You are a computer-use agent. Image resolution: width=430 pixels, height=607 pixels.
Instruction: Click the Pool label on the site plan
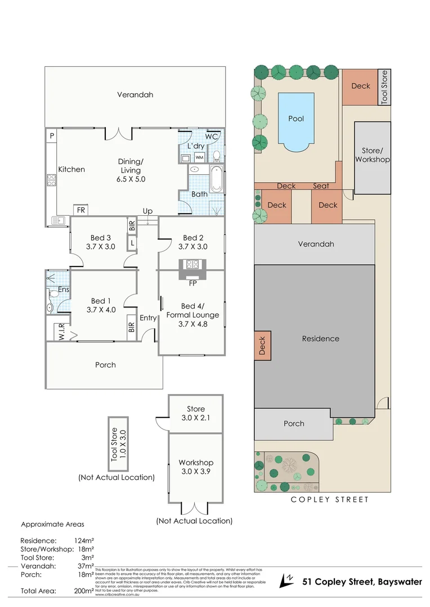(296, 119)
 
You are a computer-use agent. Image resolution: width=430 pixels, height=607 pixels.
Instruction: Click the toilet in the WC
(216, 155)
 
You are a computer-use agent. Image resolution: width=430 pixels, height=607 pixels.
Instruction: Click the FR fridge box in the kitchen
(81, 210)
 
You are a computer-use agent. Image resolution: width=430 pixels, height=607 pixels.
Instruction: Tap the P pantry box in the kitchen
(51, 136)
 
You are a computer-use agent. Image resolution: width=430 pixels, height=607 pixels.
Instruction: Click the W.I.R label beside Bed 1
(59, 331)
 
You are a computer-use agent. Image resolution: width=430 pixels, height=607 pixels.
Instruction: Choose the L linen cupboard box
(132, 243)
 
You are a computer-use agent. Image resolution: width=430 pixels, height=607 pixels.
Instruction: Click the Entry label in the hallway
(148, 318)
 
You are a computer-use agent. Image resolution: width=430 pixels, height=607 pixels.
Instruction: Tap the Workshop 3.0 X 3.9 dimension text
(196, 472)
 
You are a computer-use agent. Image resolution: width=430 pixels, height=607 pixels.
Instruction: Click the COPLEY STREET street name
(329, 499)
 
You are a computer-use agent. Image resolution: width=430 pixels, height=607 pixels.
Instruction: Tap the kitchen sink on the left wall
(56, 220)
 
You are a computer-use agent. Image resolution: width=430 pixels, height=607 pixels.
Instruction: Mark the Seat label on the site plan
(321, 186)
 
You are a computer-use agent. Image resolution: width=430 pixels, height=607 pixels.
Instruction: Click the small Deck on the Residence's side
(262, 346)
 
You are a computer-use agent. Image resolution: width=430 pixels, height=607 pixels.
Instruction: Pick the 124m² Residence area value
(82, 541)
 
